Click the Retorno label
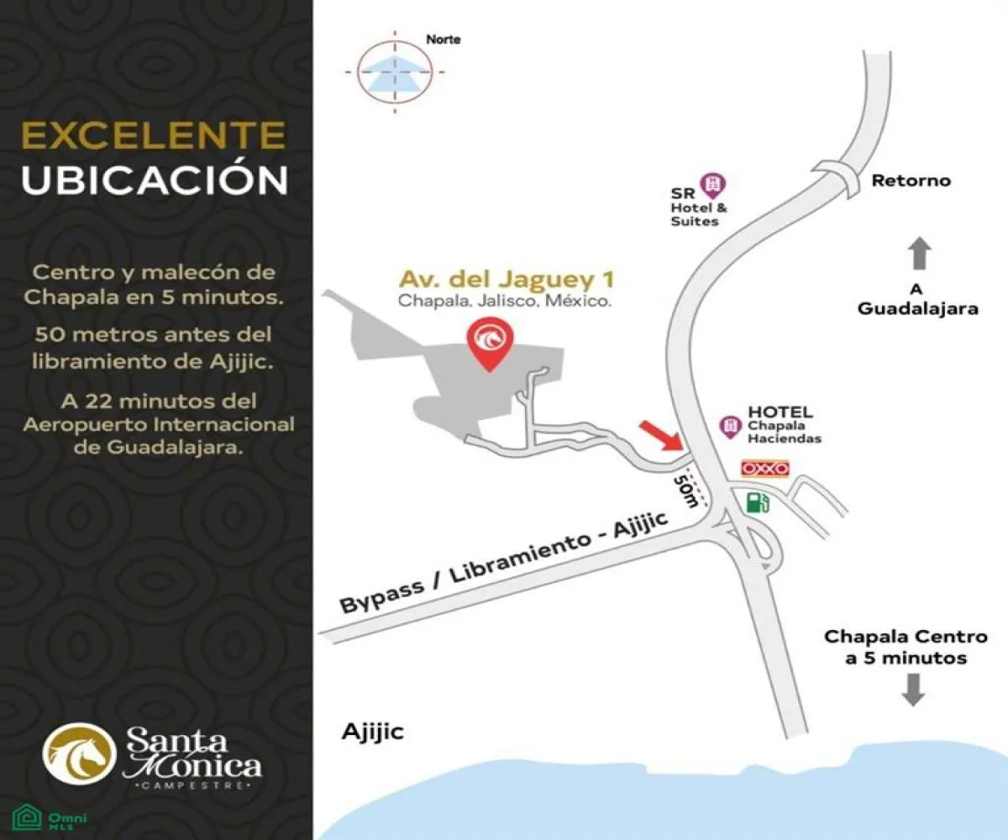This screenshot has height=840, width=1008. coord(911,181)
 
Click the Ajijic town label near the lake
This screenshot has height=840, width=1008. coord(373,732)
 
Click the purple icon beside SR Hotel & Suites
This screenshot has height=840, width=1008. coord(713,183)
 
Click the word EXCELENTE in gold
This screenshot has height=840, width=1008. coord(153,137)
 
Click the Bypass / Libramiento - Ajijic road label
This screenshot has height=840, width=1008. coord(504,564)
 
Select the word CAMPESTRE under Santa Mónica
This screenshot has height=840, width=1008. coord(193,786)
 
